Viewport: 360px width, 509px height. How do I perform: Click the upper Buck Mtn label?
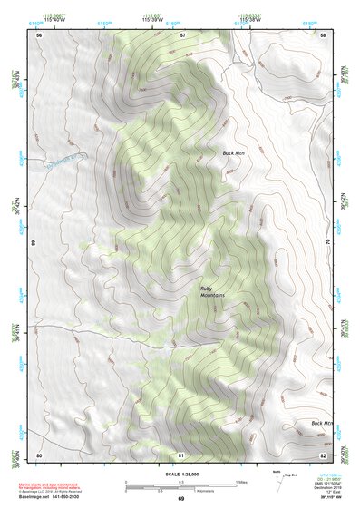tap(235, 153)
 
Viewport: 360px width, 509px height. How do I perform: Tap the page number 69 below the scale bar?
tap(180, 499)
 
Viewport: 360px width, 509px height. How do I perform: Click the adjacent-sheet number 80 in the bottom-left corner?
tap(39, 454)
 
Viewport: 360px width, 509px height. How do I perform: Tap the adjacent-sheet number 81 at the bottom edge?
tap(181, 454)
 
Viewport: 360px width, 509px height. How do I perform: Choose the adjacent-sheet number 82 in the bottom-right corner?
tap(323, 454)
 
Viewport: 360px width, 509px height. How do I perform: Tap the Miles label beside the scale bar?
tap(239, 481)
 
